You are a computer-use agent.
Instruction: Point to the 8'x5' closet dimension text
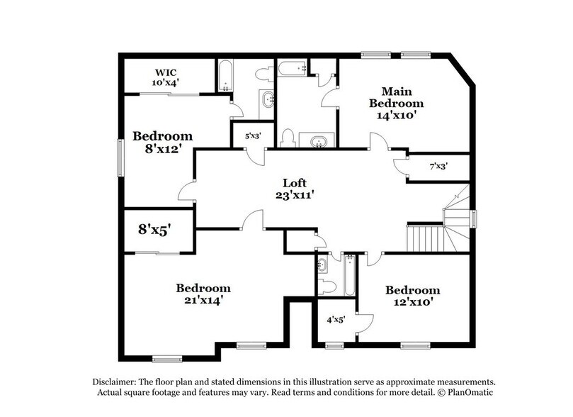point(154,230)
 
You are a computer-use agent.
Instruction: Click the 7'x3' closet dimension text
point(438,167)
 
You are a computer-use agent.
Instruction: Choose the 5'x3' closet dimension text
point(253,135)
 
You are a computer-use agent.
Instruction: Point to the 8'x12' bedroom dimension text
point(164,150)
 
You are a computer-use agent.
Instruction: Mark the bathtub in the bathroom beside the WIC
point(223,77)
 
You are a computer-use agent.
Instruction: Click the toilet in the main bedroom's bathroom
point(288,137)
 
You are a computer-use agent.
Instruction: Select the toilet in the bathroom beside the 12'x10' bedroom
point(326,287)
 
